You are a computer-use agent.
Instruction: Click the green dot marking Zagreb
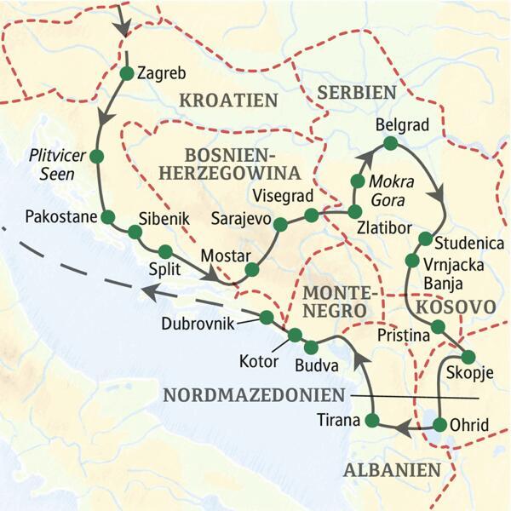pos(126,73)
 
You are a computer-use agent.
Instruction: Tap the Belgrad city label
pos(400,125)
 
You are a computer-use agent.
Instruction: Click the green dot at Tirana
pos(371,420)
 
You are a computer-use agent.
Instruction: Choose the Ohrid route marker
pos(439,424)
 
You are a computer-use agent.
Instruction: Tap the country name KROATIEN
pos(229,100)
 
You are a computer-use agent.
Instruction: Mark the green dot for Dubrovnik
pos(266,317)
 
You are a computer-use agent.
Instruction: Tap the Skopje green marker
pos(467,357)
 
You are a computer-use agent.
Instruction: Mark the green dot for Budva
pos(311,347)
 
